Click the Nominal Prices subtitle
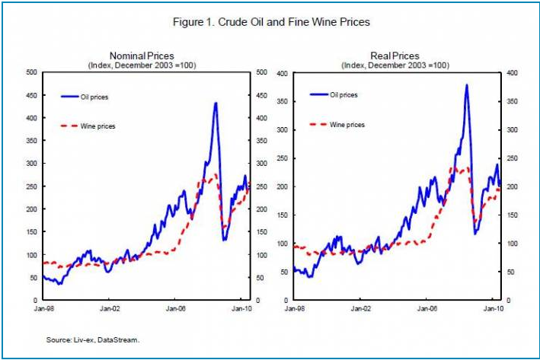click(x=142, y=56)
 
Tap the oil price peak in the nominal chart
click(x=216, y=103)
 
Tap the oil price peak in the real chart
click(x=466, y=85)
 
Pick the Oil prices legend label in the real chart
click(x=344, y=95)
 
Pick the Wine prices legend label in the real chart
click(x=347, y=124)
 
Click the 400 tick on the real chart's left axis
click(x=283, y=73)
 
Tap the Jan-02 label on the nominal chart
click(x=111, y=310)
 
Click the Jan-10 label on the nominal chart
click(x=241, y=310)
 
